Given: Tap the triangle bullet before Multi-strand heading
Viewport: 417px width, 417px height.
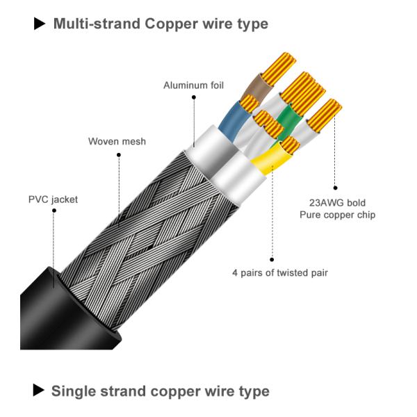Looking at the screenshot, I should coord(40,24).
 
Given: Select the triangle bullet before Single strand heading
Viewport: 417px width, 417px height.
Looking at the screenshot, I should coord(40,391).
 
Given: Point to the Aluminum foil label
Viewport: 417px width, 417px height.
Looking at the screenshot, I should coord(193,85).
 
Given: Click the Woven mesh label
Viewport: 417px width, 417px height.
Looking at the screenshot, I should coord(117,142).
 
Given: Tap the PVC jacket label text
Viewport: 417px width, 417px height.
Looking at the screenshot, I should coord(53,199).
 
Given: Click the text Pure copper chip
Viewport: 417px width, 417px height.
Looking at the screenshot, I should coord(337,215).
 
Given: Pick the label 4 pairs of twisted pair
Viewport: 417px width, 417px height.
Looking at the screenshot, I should coord(279,272).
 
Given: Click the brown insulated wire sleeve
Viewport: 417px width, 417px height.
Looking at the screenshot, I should coord(254,90).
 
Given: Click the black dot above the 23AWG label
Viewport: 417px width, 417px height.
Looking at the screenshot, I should coord(336,188).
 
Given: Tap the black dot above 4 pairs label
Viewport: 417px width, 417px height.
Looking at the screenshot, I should coord(272,258).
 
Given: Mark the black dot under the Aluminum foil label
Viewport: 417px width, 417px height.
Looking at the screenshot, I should coord(193,98).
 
